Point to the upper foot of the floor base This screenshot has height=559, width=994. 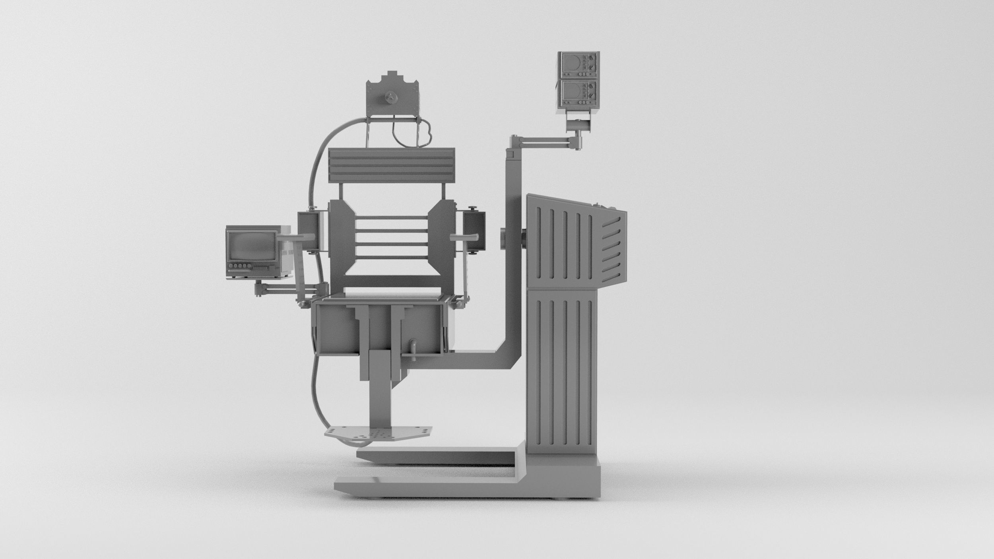(x=437, y=456)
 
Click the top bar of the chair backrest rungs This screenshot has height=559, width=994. (x=391, y=217)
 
